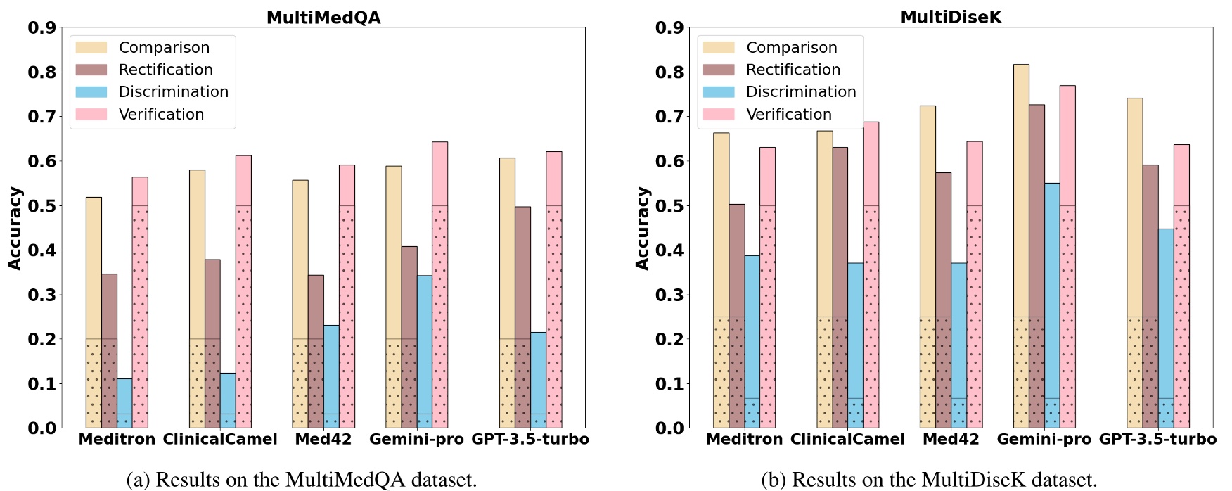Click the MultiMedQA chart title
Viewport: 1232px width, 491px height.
pos(323,18)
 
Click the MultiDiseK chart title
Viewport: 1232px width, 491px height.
pos(951,18)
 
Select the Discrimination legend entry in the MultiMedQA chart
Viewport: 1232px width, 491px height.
pos(173,92)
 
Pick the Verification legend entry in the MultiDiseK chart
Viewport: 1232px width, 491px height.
pos(788,115)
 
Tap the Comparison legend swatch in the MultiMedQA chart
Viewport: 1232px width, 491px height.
pos(91,48)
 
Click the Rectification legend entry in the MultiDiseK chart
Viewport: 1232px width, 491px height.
pos(793,70)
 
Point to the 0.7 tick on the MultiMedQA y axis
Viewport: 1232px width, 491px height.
pos(41,117)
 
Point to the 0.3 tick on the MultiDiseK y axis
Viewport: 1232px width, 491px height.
pos(669,295)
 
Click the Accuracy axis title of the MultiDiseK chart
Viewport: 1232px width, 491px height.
pos(641,228)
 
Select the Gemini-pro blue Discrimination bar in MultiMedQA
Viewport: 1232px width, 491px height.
pos(424,352)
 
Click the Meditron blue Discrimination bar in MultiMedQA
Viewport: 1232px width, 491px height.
pos(124,403)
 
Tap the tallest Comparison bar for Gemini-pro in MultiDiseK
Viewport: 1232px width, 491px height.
pos(1021,246)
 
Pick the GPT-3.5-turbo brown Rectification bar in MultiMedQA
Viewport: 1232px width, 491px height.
pos(522,317)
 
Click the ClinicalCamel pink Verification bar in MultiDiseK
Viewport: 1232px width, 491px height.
pos(871,274)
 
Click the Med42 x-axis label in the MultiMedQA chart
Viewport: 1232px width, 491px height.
pos(323,440)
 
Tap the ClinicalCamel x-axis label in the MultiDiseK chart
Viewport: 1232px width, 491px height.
pos(847,440)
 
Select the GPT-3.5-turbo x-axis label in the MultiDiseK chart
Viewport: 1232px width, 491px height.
pos(1157,440)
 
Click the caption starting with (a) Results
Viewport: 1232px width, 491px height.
pos(301,480)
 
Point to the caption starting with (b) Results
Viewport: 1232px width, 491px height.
pos(929,480)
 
